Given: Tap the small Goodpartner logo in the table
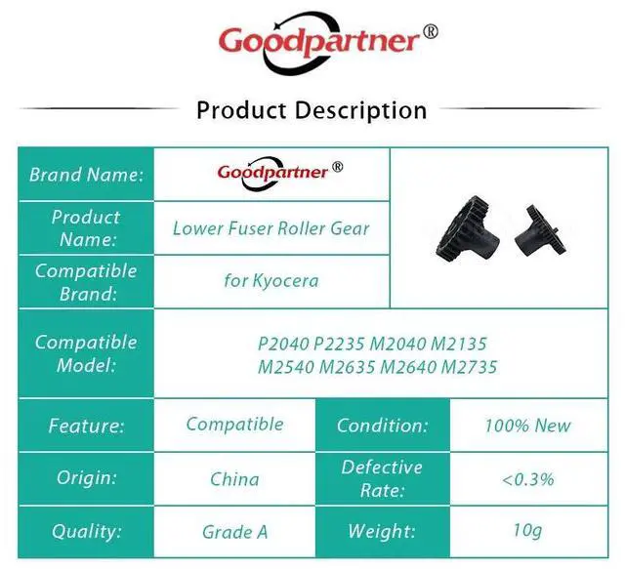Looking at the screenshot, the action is coord(280,173).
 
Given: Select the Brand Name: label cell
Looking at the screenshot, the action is coord(86,174).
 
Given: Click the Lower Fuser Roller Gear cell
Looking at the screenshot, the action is coord(271,228).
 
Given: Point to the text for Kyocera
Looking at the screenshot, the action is coord(271,280).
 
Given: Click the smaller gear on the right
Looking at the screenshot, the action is coord(540,230).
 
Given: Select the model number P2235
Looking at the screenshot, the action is coord(339,344).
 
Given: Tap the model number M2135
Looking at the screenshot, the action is coord(458,344).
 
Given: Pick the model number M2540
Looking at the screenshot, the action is coord(286,367).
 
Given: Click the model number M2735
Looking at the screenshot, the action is coord(469,367).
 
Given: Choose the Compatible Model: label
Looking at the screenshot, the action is coord(86,353).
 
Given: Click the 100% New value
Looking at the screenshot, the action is coord(528,426).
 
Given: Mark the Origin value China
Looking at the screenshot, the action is coord(234,479).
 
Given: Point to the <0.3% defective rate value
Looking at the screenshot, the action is coord(528,479).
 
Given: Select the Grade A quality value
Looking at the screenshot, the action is coord(234,532).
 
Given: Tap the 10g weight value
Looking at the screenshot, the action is coord(527,531).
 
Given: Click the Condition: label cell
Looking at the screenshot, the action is coord(383,426).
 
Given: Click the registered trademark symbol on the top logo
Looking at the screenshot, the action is coord(431,31).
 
